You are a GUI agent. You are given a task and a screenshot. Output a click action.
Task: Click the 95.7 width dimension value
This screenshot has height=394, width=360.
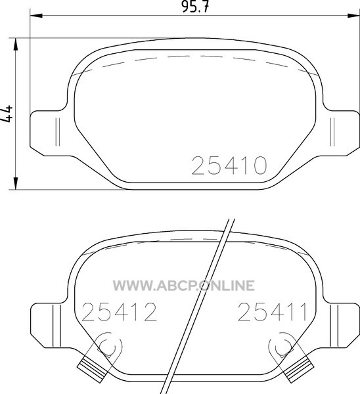tap(195, 7)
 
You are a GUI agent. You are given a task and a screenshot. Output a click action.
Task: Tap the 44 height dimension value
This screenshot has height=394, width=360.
tap(7, 114)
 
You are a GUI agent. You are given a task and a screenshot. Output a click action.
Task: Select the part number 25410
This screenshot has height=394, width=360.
tap(229, 165)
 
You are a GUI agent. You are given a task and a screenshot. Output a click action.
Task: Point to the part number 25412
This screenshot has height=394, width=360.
tap(119, 312)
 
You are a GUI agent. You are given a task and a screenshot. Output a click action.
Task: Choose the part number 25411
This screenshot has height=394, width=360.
tap(273, 312)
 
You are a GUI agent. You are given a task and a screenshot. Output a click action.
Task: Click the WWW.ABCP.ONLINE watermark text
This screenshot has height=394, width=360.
tap(183, 286)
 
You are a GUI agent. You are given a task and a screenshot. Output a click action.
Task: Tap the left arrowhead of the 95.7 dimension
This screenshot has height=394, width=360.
tap(36, 16)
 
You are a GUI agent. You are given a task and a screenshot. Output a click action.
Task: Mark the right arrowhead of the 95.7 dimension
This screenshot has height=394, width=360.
tap(353, 16)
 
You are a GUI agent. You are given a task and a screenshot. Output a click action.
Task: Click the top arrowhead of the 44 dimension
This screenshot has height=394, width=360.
tap(16, 45)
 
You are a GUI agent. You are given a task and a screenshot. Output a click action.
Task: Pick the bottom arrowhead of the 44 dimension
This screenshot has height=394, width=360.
tap(16, 183)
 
